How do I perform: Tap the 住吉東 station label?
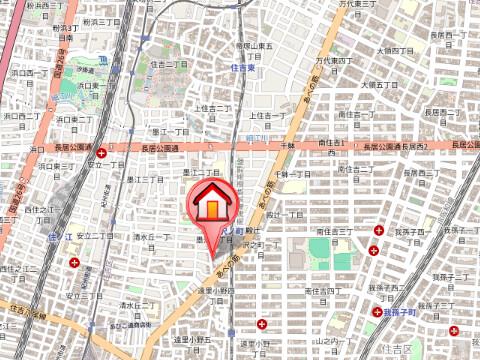pos(245,68)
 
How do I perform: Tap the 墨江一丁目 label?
pos(171,132)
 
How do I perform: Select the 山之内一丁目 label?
pos(323,342)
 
